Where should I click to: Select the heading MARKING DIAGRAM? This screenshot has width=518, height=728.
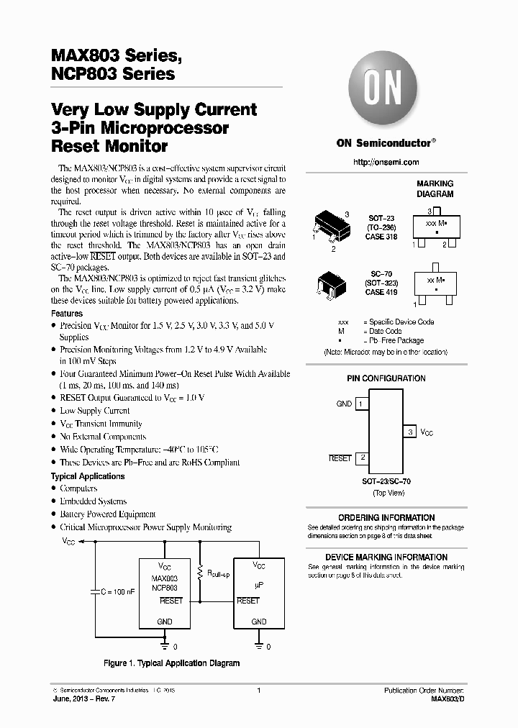click(435, 188)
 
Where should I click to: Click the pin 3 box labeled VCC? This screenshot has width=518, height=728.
click(411, 432)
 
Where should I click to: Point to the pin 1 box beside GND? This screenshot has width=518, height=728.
click(360, 404)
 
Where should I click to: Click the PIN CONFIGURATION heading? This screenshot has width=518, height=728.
click(386, 378)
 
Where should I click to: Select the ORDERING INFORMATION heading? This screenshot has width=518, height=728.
click(386, 517)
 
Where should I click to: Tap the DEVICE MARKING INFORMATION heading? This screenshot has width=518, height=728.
click(386, 558)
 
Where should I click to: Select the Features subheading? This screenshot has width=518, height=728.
click(66, 314)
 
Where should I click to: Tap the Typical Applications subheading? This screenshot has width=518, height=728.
click(87, 476)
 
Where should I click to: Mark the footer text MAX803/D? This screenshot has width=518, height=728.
click(447, 699)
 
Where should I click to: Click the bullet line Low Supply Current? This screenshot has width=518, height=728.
click(95, 411)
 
